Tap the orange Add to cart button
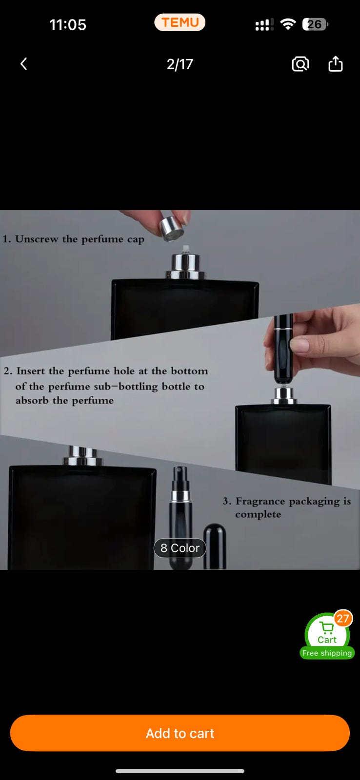180,733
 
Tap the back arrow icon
24,64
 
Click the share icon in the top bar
336,63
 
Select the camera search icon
300,64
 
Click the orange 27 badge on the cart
343,619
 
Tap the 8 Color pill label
180,548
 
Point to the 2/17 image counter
180,64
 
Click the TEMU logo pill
180,22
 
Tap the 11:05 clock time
68,25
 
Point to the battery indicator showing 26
315,24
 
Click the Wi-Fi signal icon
288,24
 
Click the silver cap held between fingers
171,229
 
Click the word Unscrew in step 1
37,239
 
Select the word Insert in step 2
31,371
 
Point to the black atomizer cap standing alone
215,546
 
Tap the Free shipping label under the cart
327,653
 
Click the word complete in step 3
258,515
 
